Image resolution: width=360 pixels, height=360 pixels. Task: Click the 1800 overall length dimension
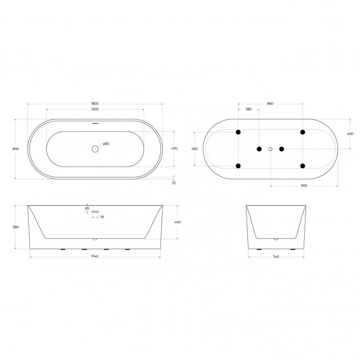95,104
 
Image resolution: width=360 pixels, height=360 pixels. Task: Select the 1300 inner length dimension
95,109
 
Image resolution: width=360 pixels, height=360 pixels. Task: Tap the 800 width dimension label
16,149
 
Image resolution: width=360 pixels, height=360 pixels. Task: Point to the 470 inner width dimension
175,149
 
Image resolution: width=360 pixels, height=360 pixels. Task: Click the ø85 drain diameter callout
106,144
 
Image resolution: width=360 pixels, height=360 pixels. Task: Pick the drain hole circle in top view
95,149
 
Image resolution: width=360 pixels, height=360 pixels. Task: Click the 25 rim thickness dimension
174,183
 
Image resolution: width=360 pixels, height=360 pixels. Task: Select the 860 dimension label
270,104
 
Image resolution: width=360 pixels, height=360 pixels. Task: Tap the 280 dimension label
249,109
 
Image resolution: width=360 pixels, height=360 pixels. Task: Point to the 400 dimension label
351,134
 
